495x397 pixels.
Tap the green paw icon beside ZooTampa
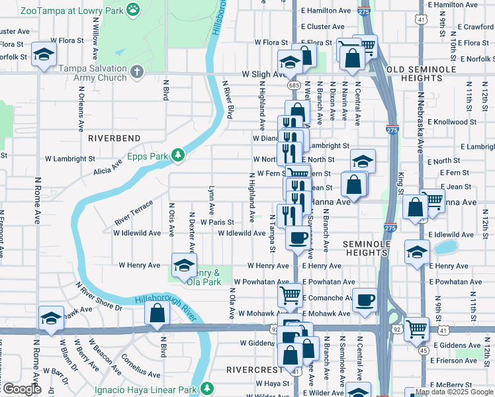(x=134, y=10)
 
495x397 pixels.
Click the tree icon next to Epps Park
(x=177, y=155)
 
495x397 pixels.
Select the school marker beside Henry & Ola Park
(x=184, y=266)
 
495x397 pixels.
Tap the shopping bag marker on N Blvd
(x=157, y=314)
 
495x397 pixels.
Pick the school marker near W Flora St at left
(x=44, y=56)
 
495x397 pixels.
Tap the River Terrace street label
(x=133, y=212)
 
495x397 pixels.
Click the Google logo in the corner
(x=21, y=389)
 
